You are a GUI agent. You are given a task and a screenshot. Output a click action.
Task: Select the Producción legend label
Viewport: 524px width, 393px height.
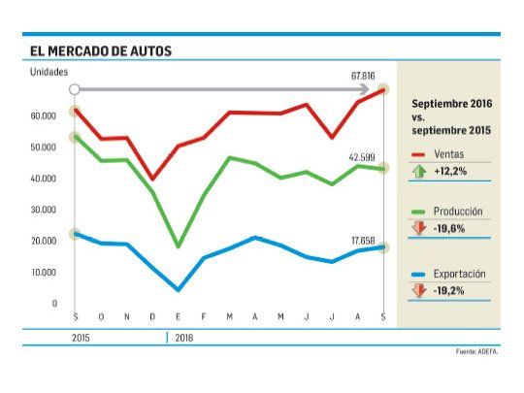(x=457, y=211)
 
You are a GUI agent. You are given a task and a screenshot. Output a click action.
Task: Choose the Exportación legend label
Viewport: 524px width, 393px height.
(x=458, y=274)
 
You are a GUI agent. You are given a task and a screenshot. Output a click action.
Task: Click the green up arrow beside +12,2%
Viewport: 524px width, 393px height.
(x=419, y=171)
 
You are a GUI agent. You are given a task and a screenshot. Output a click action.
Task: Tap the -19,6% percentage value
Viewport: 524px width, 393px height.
(x=449, y=229)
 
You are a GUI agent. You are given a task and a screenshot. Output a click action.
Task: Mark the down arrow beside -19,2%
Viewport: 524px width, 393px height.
(x=419, y=290)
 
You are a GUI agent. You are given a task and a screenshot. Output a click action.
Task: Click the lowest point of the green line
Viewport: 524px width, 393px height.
(x=178, y=246)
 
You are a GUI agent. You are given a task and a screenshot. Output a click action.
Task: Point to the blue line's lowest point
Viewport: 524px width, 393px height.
(x=178, y=289)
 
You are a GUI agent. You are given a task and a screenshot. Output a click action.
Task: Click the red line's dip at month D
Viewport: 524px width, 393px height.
(x=152, y=179)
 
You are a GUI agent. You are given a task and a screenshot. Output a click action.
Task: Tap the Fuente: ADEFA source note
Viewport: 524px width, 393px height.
(x=476, y=350)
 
